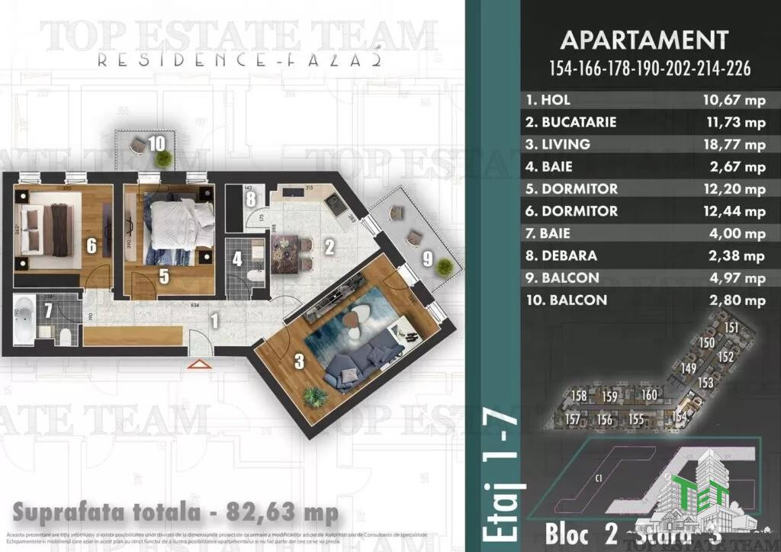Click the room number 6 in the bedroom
pos(91,246)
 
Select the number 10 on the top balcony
pos(156,142)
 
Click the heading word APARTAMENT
pos(644,40)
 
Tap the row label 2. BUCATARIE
pos(571,122)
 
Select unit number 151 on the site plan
pos(731,328)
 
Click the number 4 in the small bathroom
pos(237,258)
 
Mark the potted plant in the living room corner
pos(313,396)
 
